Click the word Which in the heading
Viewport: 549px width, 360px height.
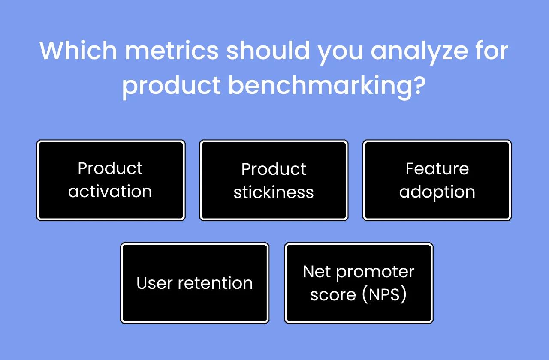point(78,51)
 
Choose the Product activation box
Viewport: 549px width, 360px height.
point(111,180)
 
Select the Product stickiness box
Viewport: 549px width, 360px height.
point(274,180)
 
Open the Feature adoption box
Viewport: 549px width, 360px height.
point(437,180)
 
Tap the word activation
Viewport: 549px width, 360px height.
point(110,192)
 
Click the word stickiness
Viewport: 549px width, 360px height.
point(274,192)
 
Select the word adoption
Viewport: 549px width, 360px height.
point(437,192)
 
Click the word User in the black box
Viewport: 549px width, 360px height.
point(154,283)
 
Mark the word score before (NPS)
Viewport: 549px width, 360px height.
point(333,295)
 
